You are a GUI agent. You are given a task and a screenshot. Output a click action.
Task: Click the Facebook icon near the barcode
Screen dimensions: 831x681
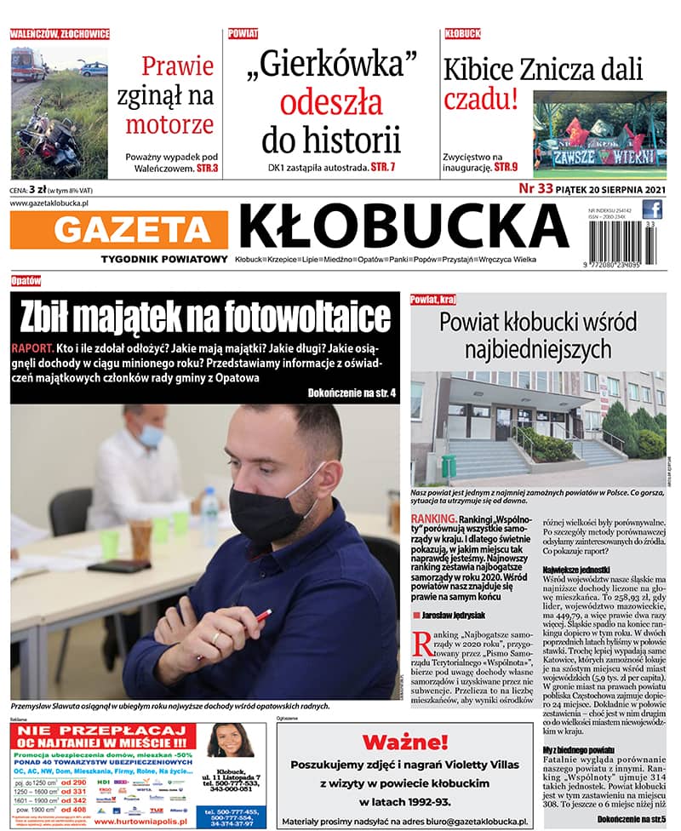click(x=652, y=209)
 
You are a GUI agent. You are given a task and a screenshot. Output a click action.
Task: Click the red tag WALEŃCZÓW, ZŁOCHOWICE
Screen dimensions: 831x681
click(x=60, y=34)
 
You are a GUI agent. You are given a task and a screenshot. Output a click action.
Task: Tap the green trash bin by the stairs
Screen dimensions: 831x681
click(x=449, y=466)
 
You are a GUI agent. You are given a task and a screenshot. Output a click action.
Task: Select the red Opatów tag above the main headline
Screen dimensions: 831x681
click(x=26, y=281)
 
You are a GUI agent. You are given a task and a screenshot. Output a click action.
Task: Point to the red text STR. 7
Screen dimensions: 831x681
click(x=383, y=168)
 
